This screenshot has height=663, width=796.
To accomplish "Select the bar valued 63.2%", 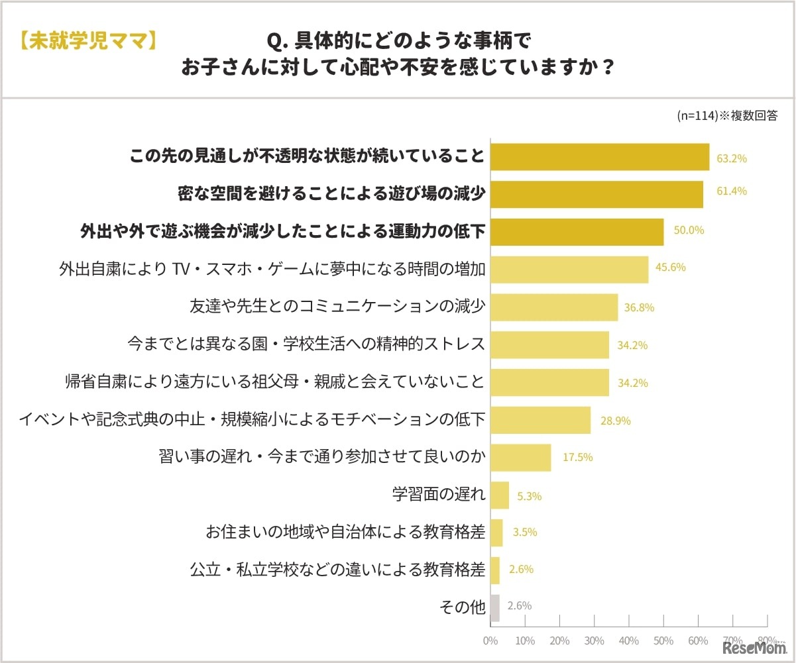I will coord(600,158).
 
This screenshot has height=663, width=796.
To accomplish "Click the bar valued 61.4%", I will coord(597,195).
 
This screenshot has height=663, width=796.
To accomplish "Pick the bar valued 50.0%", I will coord(577,232).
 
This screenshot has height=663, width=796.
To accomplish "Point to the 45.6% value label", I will coord(671,268).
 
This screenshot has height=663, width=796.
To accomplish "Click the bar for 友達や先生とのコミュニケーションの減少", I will coord(554,307).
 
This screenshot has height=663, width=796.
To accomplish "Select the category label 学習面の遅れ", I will coord(439,494).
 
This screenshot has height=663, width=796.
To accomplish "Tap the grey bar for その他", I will coord(494,607).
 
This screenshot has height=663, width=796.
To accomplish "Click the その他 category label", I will coord(462,606).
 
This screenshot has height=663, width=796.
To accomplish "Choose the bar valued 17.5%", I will coord(520,458).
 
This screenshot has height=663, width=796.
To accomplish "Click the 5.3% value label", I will coord(528,495).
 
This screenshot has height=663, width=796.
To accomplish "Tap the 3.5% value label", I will coord(524,532).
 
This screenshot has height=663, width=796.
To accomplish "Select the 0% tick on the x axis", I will coord(490,640).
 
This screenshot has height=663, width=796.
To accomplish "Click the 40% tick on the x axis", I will coord(629,640).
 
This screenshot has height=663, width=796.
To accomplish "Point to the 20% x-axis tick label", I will coord(559,640).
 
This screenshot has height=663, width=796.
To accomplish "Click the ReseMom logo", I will coord(754,646).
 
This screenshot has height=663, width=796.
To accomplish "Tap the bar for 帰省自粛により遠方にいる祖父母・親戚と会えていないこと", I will coord(549,383).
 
